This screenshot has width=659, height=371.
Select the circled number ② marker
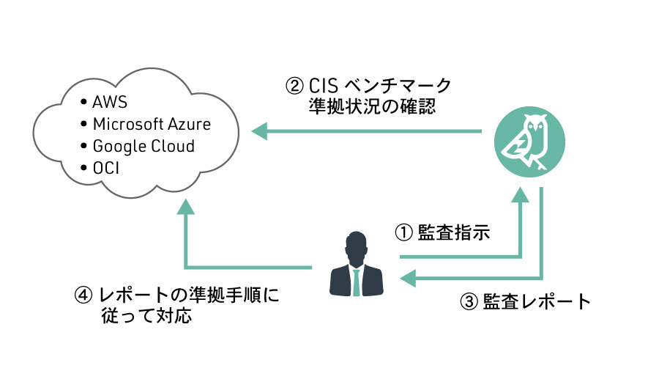(294, 86)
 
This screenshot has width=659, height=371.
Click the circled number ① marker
(405, 233)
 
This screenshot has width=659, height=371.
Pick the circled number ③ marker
(469, 302)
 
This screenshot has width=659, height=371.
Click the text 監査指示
(453, 233)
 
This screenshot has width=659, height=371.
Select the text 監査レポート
(537, 302)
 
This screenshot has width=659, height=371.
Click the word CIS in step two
(324, 86)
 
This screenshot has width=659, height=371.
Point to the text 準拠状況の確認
(373, 107)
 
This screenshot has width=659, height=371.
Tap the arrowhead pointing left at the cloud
(260, 132)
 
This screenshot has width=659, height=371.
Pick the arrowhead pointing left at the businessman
(407, 279)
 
